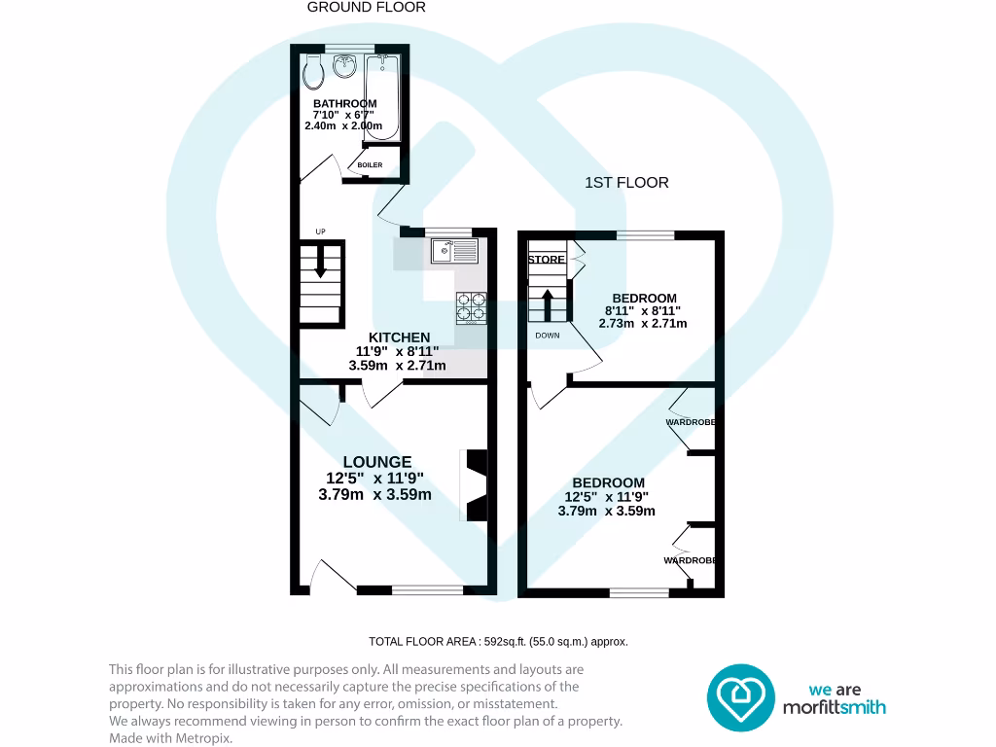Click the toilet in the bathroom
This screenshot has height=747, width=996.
click(x=312, y=69)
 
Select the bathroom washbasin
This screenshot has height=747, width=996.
click(x=343, y=67)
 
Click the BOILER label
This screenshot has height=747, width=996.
click(x=370, y=165)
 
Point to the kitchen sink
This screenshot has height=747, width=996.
click(x=455, y=252)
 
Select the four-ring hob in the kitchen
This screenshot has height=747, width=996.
click(x=471, y=306)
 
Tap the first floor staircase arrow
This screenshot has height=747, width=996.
click(x=548, y=302)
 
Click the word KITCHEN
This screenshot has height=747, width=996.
click(x=399, y=338)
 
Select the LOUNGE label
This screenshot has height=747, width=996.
click(x=376, y=462)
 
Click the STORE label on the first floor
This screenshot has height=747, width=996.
click(x=546, y=260)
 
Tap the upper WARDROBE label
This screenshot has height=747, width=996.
click(x=691, y=422)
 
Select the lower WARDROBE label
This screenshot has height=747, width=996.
click(x=691, y=560)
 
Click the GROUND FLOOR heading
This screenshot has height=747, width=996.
click(x=366, y=7)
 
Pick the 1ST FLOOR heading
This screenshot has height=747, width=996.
click(x=626, y=182)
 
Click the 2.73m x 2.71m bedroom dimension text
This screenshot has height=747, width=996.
click(x=643, y=323)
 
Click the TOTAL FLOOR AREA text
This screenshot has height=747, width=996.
click(x=498, y=641)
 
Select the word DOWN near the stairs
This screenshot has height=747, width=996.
click(x=547, y=336)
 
